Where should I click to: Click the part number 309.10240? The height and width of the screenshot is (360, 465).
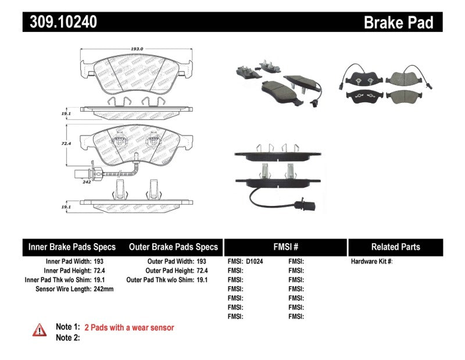[x=60, y=22]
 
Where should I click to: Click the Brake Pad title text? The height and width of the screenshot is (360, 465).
[x=398, y=22]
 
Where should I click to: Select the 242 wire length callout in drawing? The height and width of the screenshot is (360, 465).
[x=87, y=182]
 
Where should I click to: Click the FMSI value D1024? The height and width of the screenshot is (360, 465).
[x=255, y=262]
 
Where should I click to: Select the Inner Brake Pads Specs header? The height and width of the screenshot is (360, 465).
[x=72, y=247]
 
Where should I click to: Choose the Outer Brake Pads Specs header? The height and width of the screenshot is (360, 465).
[x=173, y=247]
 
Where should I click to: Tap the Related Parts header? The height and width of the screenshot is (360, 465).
[x=395, y=247]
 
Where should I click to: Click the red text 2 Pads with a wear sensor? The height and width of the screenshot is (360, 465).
[x=129, y=327]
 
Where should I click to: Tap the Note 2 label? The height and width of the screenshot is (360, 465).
[x=67, y=337]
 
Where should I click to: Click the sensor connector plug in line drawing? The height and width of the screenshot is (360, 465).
[x=78, y=171]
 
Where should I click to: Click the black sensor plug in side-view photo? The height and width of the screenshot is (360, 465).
[x=299, y=204]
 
